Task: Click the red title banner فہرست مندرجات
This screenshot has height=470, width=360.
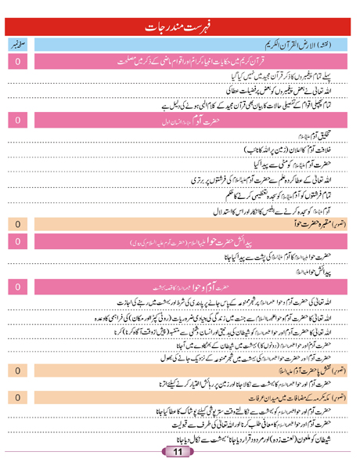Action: (x=180, y=13)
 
